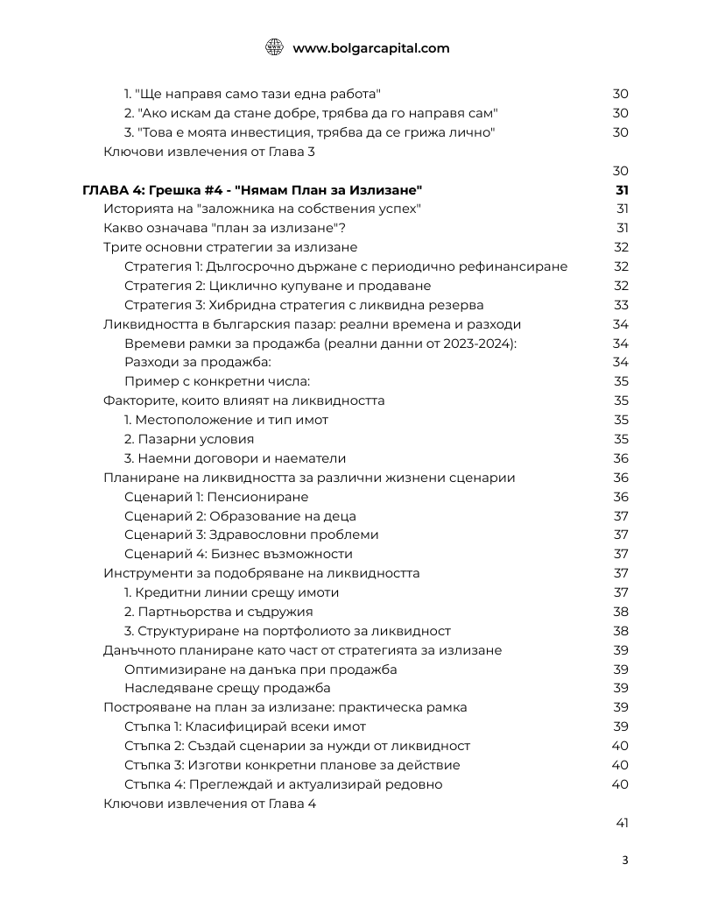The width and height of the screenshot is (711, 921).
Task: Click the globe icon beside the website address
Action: point(274,48)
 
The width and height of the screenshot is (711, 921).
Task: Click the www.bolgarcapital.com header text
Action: point(370,48)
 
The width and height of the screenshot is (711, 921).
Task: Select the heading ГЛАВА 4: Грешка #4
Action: point(252,190)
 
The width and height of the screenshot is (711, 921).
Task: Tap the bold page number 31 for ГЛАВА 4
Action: point(622,190)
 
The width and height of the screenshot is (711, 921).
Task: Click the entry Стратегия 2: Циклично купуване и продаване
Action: point(278,286)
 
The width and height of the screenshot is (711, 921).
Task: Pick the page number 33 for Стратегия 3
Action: point(621,305)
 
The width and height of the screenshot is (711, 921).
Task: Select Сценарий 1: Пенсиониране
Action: point(216,497)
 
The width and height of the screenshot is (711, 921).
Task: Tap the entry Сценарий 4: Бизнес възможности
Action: point(238,554)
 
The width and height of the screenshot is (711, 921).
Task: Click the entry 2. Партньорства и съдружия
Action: point(218,612)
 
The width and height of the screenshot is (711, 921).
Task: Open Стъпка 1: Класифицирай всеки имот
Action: point(245,726)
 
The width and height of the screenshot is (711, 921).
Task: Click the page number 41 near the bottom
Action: point(621,823)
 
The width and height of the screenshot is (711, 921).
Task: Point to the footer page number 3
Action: point(624,860)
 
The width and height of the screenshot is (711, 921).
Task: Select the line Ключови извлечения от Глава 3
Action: point(208,152)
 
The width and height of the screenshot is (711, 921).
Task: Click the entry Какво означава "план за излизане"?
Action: point(224,228)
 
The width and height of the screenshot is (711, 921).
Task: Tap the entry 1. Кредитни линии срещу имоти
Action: point(231,592)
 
